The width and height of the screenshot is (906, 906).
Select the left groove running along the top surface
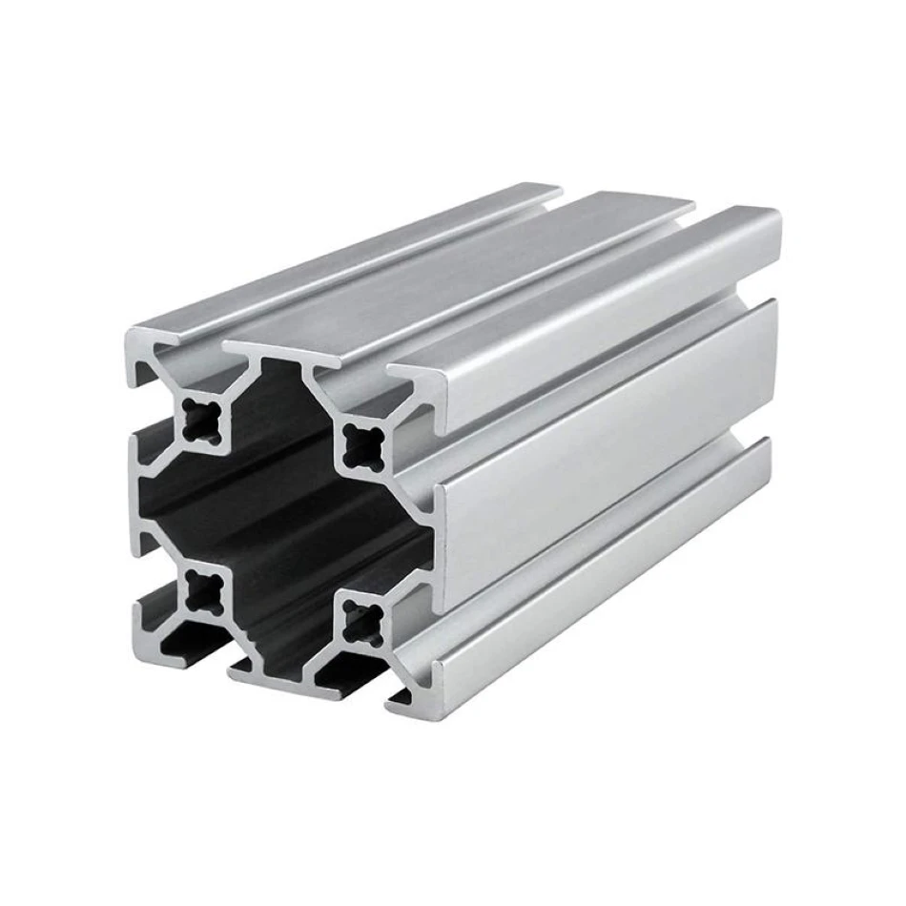401,277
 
